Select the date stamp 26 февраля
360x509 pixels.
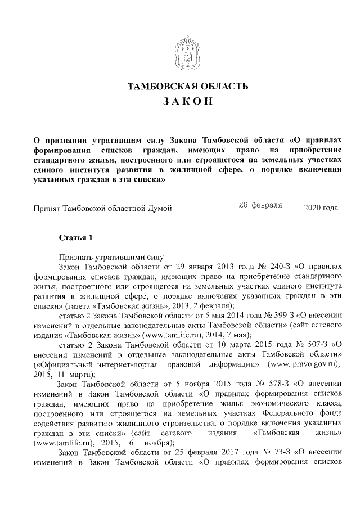click(260, 206)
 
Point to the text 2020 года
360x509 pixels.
click(321, 208)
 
